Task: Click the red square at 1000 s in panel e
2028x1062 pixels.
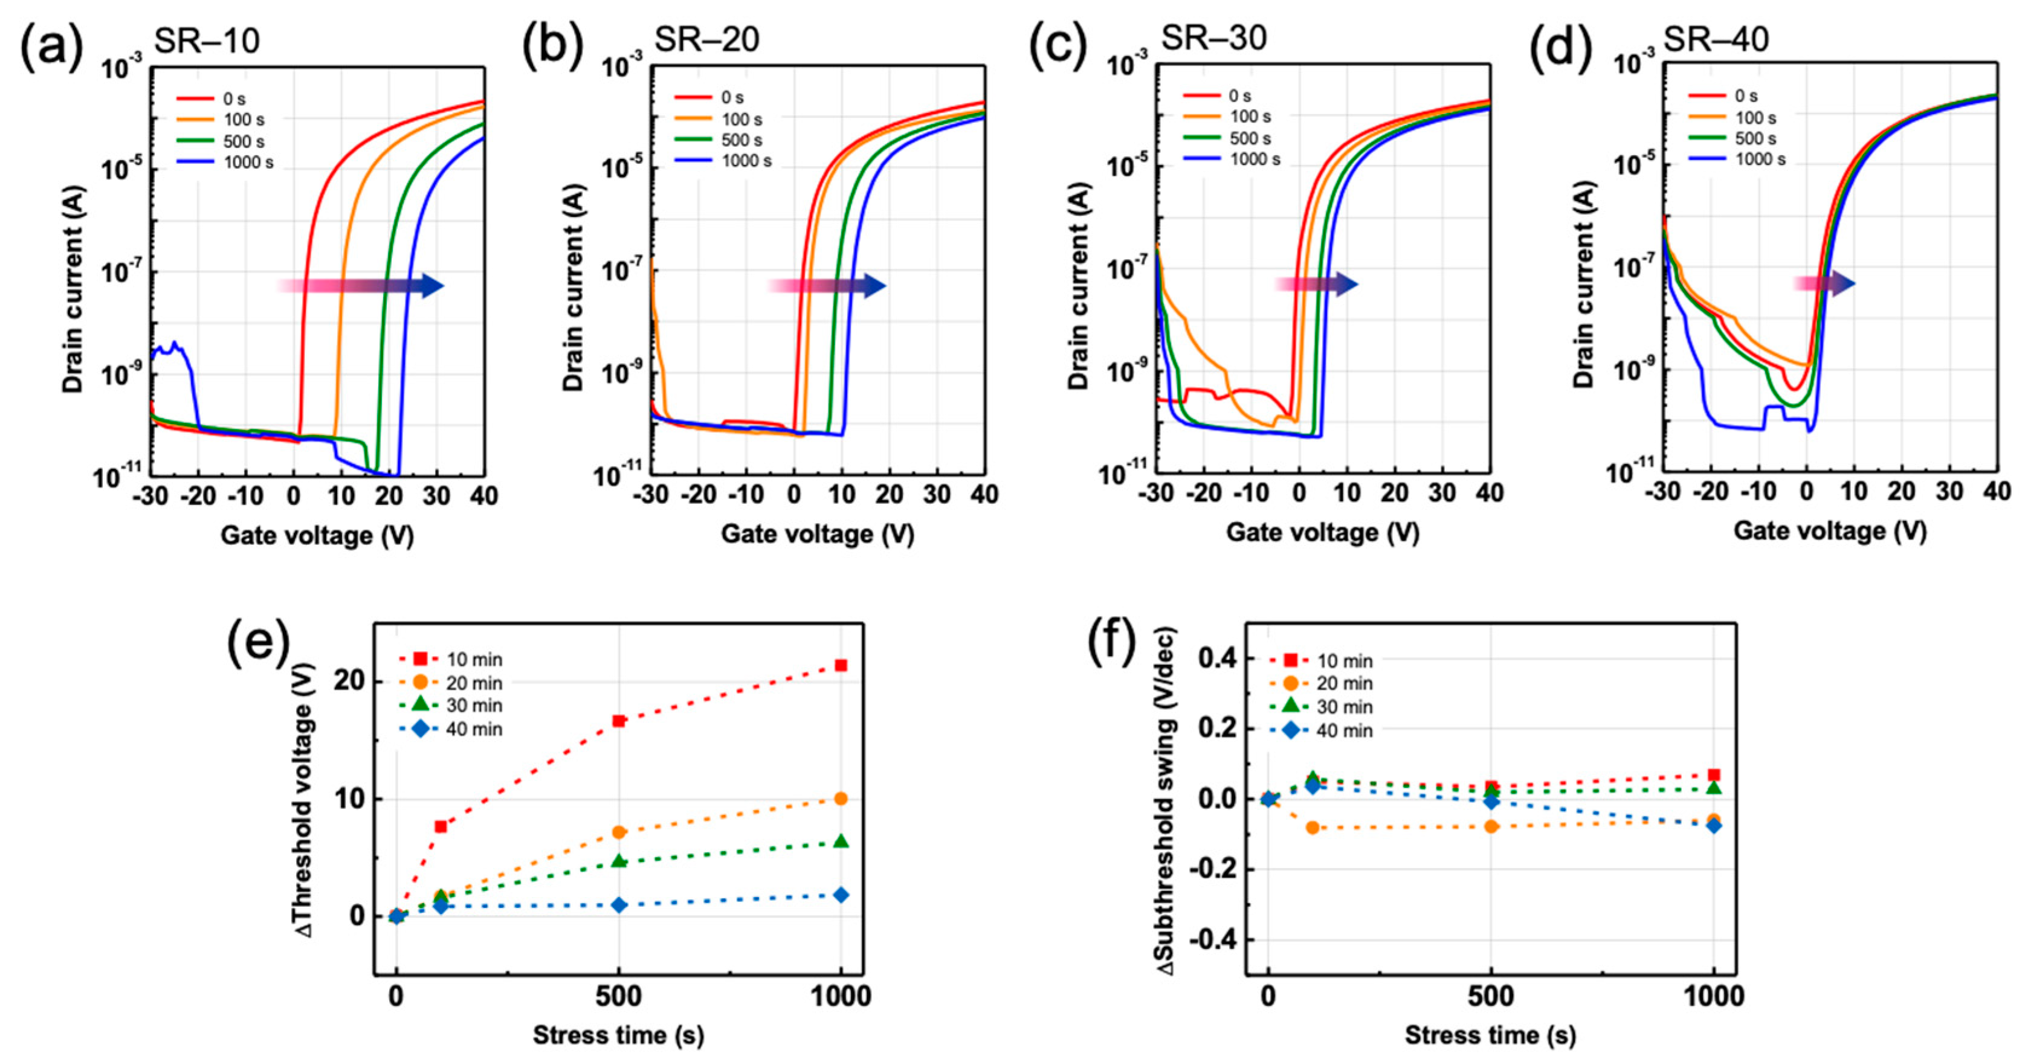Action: (841, 665)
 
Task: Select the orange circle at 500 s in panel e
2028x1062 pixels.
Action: (619, 832)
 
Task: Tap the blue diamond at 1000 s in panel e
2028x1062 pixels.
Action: (841, 895)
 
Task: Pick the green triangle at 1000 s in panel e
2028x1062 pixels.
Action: (841, 842)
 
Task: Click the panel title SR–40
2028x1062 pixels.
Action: (1716, 39)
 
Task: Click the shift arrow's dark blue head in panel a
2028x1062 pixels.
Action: (431, 285)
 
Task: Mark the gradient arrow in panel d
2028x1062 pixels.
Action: (1824, 283)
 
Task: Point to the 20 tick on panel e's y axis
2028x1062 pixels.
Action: (348, 682)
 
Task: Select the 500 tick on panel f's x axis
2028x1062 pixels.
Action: (1490, 997)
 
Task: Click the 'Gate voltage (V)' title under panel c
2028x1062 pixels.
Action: (1323, 533)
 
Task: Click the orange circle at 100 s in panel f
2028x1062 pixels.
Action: (1313, 828)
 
